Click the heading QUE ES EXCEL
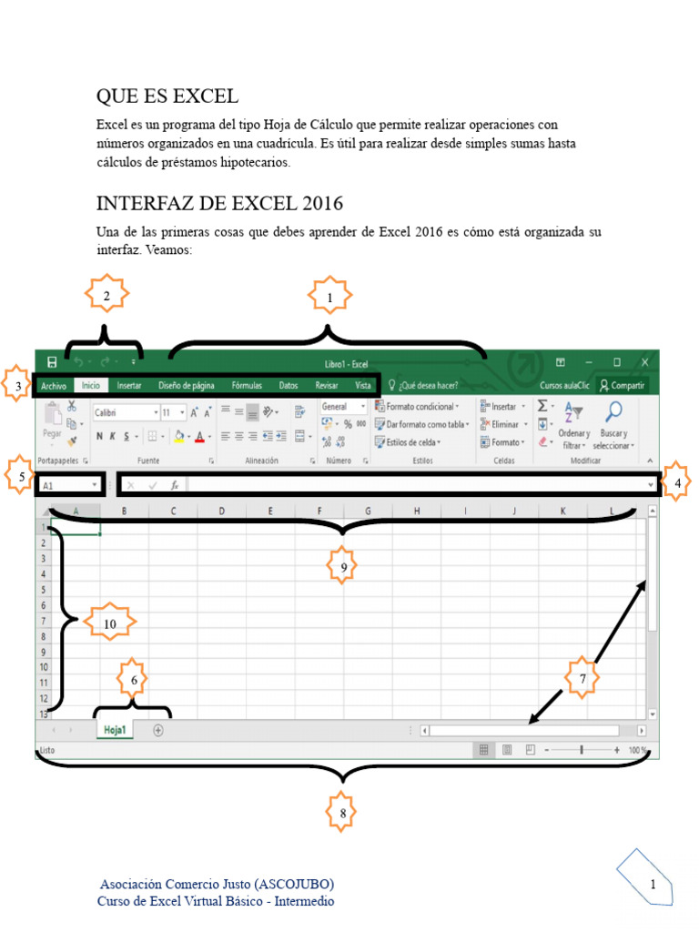(167, 96)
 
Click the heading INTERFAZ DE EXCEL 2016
(219, 202)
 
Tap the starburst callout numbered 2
(106, 295)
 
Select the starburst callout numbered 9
(342, 567)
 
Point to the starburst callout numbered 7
(582, 678)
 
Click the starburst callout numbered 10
(110, 623)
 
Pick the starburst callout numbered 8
(342, 813)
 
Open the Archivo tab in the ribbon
(54, 386)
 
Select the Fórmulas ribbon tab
(247, 386)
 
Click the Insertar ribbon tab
(129, 386)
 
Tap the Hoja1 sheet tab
(115, 730)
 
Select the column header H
(417, 512)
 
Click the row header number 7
(44, 621)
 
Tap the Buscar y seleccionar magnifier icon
(614, 411)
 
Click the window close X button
(644, 361)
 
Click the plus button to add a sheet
(158, 730)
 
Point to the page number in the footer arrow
(653, 885)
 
